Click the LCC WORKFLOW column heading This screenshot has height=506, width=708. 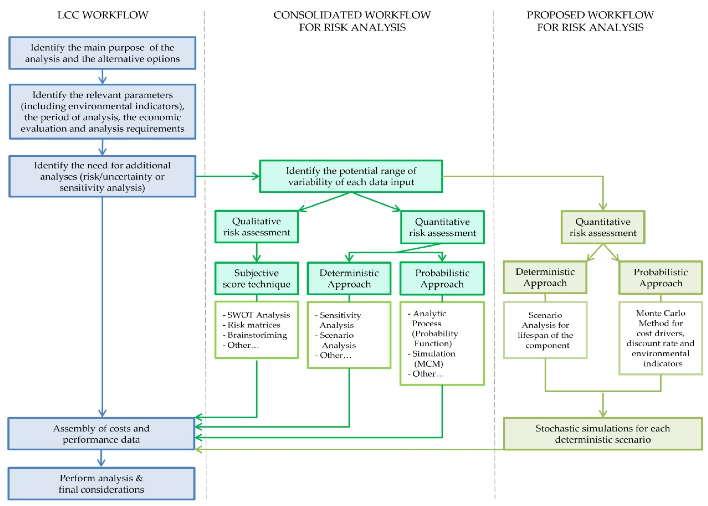103,15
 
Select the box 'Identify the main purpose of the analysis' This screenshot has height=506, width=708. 102,53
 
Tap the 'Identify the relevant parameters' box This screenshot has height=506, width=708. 102,112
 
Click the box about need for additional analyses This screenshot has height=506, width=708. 102,176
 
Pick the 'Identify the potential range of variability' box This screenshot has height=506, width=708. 351,176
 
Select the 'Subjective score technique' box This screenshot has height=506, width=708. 256,278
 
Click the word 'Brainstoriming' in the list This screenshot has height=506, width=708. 257,335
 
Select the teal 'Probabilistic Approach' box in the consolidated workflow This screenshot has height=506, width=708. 442,278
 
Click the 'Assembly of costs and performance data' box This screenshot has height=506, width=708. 101,434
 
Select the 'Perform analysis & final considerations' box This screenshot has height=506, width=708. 101,484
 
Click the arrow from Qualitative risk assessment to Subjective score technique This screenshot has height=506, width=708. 256,252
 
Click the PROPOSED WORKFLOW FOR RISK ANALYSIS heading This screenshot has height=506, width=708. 590,21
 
